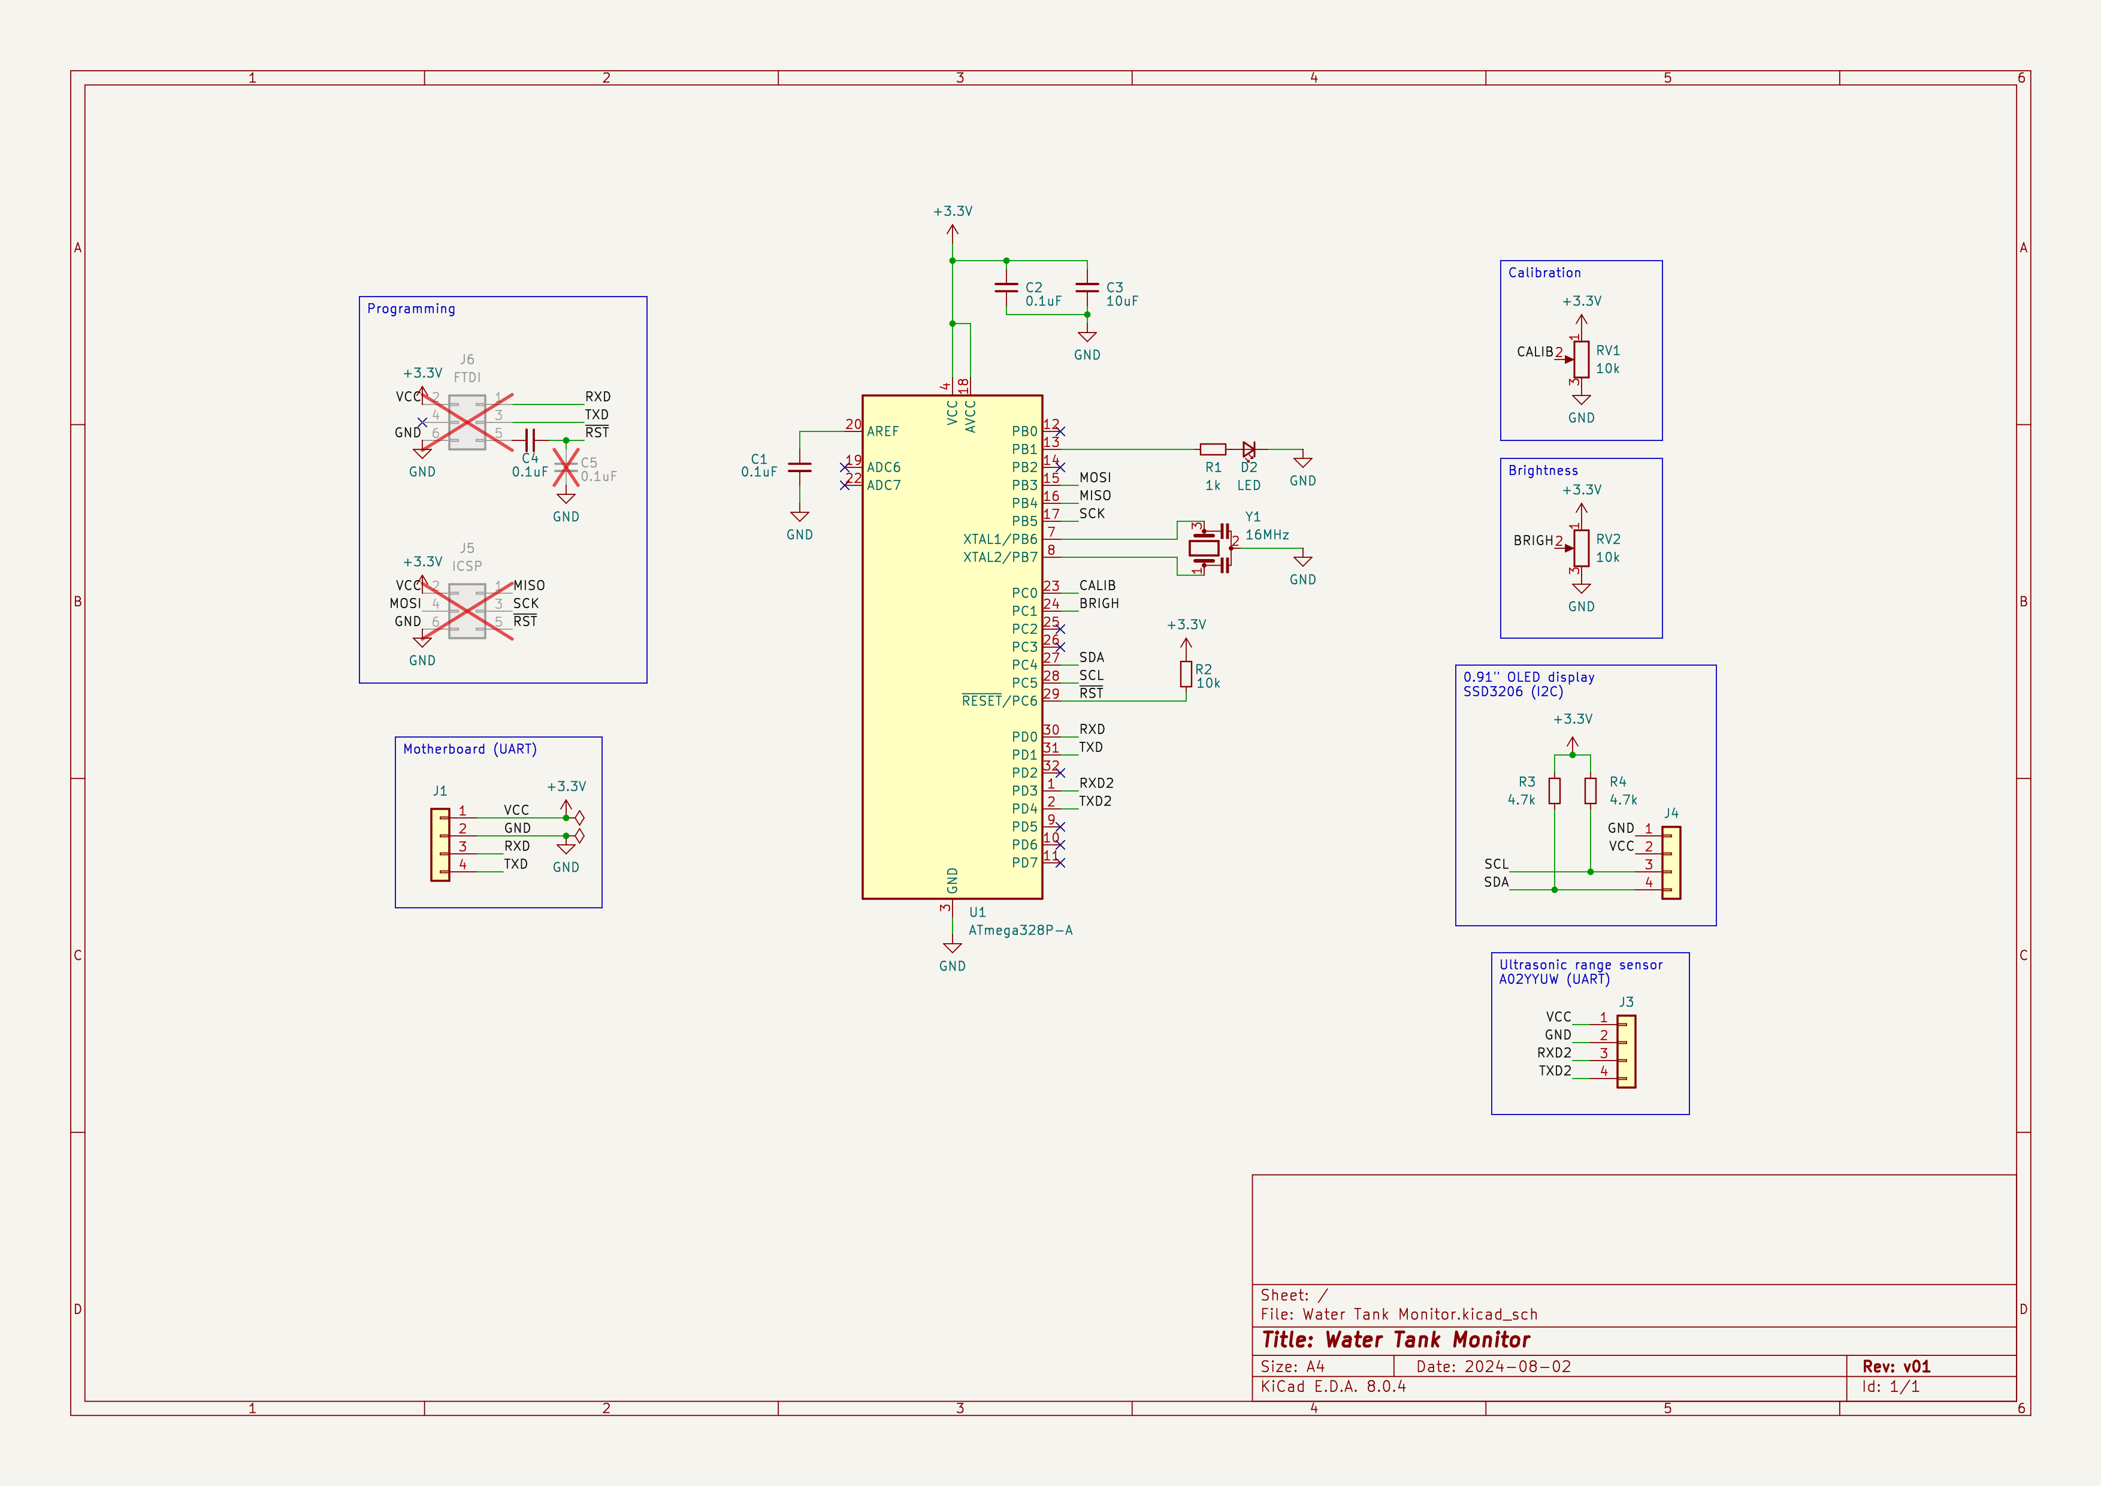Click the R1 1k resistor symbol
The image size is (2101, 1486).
[1213, 449]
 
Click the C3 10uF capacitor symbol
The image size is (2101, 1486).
[1087, 288]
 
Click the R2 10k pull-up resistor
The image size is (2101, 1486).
[1186, 674]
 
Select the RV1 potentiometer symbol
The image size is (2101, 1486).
[1581, 360]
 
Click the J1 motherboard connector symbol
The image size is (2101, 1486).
[440, 845]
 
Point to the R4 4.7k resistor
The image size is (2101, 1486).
[1591, 790]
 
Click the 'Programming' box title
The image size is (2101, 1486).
[411, 309]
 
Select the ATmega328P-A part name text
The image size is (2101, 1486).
[1020, 930]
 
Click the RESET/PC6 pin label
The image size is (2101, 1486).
[999, 701]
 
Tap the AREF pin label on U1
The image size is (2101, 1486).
[883, 431]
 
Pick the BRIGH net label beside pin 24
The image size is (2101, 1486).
[1099, 603]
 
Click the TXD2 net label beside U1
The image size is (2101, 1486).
[1095, 801]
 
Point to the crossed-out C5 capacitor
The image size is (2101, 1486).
[566, 467]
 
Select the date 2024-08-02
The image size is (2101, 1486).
[1517, 1366]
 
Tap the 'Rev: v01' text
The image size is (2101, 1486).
[1896, 1366]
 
